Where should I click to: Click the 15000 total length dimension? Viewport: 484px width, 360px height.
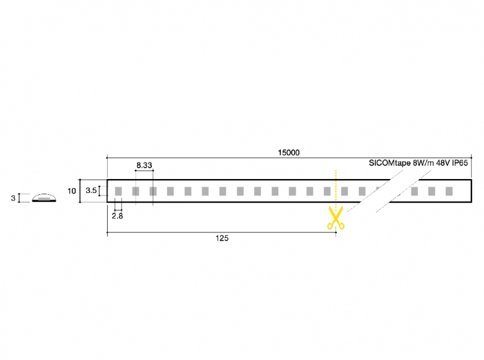pos(289,152)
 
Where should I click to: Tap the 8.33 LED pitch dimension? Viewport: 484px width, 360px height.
pos(144,165)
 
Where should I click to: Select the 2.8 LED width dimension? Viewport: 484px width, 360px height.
pos(117,216)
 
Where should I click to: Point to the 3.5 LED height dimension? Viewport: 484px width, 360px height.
pos(91,191)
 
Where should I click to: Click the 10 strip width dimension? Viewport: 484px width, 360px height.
pos(71,191)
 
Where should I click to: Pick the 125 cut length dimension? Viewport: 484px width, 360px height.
pos(222,238)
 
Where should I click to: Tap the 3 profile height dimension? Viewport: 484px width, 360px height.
pos(13,198)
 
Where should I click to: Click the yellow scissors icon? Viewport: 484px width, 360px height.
pos(336,218)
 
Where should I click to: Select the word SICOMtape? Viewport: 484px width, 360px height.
pos(390,163)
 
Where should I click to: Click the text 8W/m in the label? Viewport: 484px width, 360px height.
pos(423,163)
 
